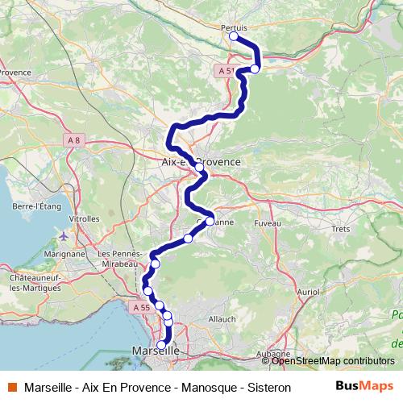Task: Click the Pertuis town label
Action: (x=233, y=27)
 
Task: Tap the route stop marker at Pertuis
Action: (x=234, y=36)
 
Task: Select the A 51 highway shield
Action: (x=226, y=71)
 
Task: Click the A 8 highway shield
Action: (x=74, y=140)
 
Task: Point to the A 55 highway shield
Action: (x=139, y=307)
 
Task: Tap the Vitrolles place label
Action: (x=84, y=218)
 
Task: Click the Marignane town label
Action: (x=64, y=253)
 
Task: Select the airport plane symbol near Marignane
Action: (x=64, y=237)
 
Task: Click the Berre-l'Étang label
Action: (x=38, y=206)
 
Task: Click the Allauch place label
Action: (x=222, y=319)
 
